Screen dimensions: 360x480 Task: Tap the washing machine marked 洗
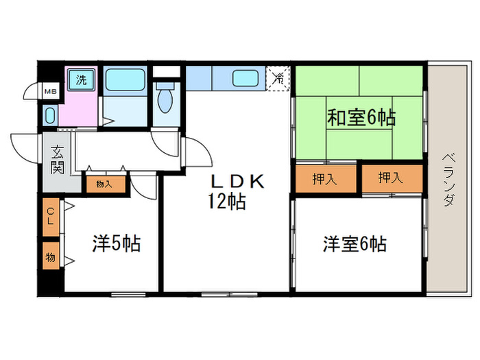tap(81, 80)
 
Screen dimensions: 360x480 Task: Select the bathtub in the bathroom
tap(125, 80)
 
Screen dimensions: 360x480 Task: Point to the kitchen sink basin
tap(245, 78)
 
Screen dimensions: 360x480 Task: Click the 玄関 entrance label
tap(57, 160)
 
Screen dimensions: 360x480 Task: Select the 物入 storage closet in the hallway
tap(104, 183)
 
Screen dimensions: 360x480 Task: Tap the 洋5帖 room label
tap(117, 243)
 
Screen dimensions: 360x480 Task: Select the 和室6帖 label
tap(360, 117)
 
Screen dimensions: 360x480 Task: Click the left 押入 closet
tap(326, 179)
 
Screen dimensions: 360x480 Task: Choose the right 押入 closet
tap(392, 179)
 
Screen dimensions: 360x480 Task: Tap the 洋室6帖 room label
tap(355, 243)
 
